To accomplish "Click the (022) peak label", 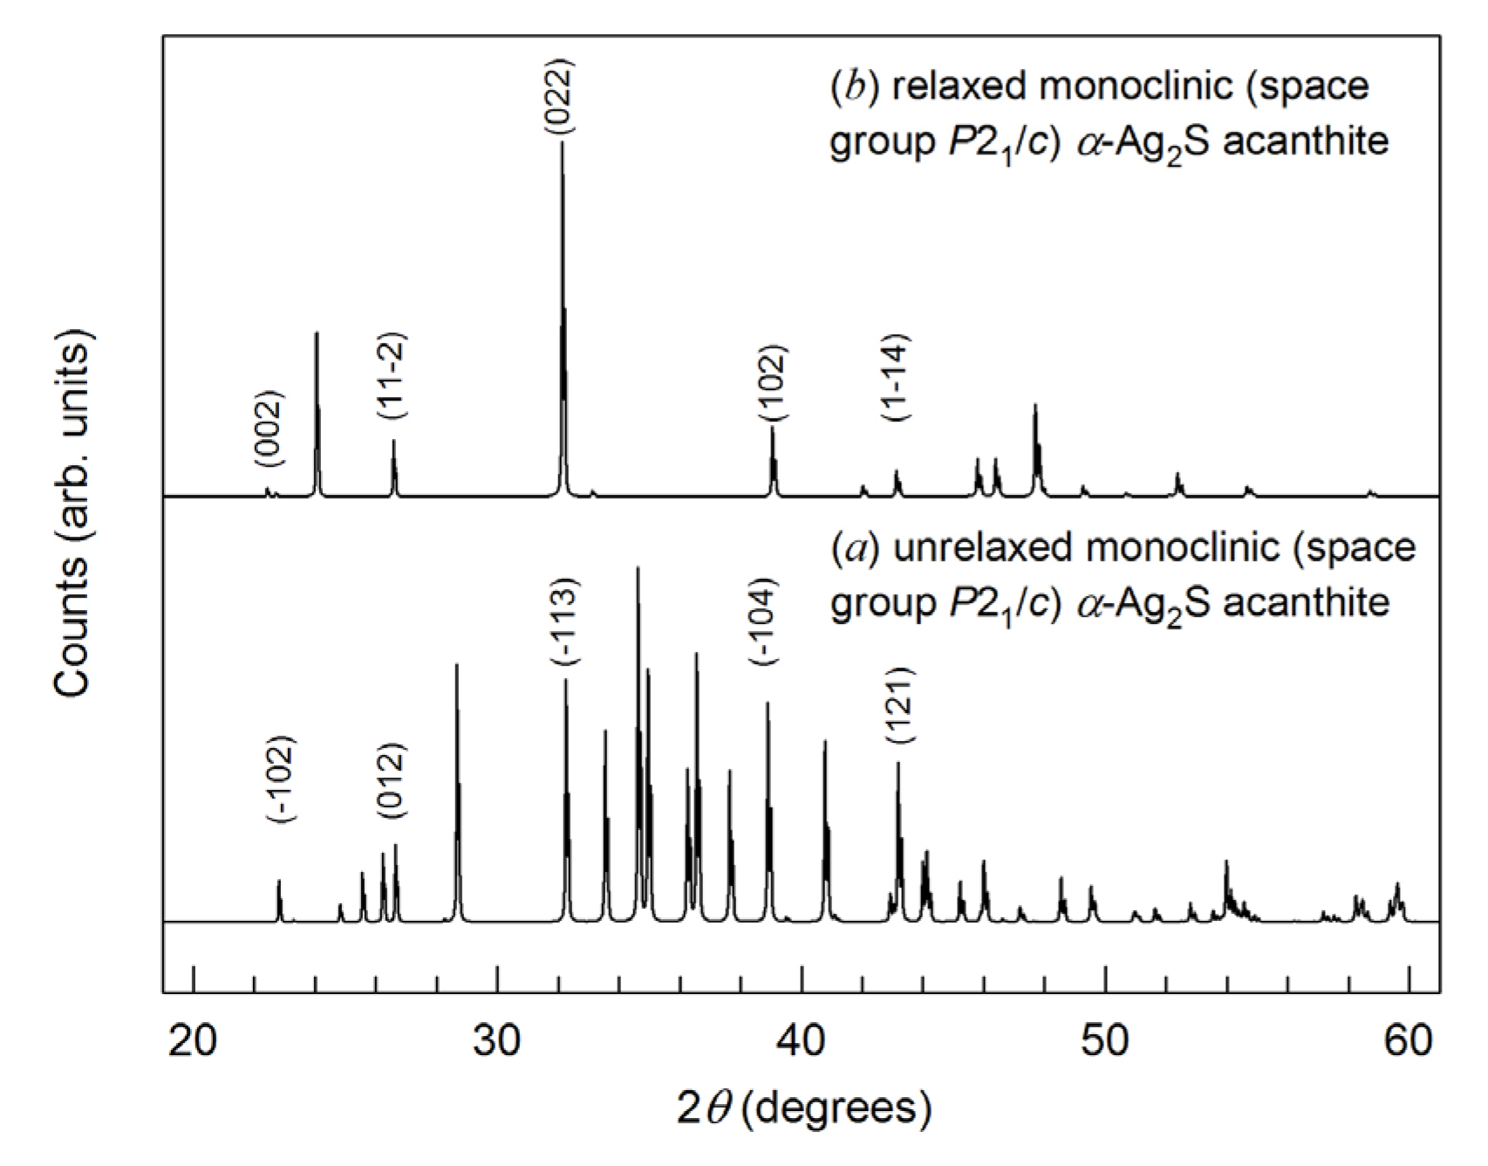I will (x=559, y=96).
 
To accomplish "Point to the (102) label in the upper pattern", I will (x=772, y=384).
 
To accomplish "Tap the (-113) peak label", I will (x=563, y=622).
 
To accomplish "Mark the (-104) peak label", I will (x=763, y=622).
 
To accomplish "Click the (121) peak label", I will (x=899, y=704).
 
